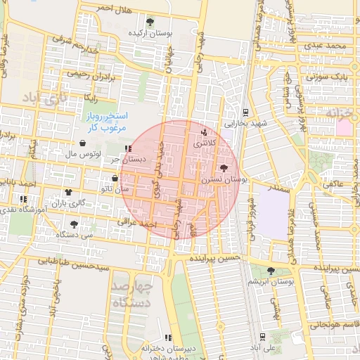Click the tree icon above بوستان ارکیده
(149, 22)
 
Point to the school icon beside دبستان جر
(127, 148)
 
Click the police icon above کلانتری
(205, 131)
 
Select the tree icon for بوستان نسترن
(224, 168)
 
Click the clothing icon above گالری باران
(68, 192)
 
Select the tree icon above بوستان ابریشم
(271, 271)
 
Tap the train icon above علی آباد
(262, 337)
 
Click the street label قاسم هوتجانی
(333, 324)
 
